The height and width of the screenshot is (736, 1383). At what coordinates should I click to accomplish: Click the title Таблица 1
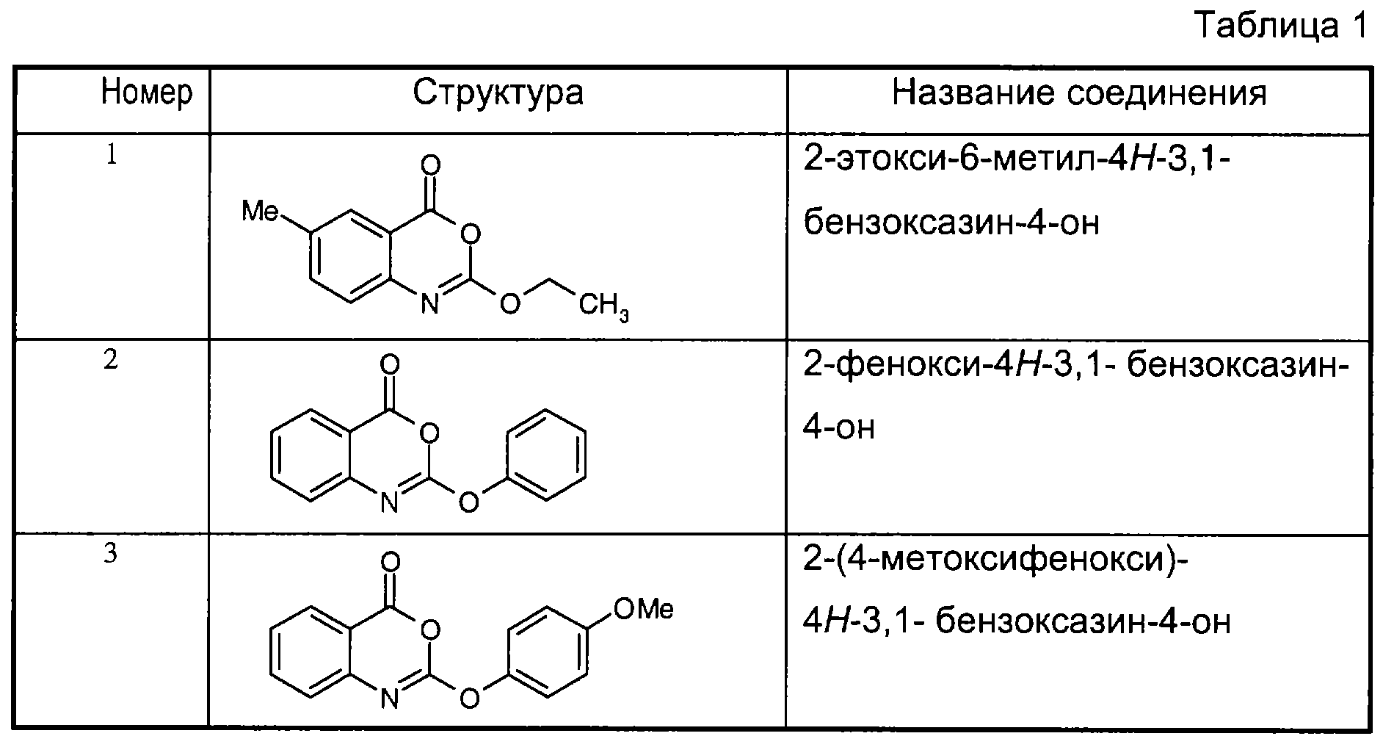point(1282,27)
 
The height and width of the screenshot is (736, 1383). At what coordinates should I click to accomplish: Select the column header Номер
point(147,93)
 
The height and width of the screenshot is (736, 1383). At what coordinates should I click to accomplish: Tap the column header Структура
point(498,93)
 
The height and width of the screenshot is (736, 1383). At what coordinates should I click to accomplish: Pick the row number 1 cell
point(111,156)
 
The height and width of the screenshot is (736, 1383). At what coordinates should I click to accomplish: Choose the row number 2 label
point(111,361)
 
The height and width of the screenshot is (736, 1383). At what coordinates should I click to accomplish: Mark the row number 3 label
point(111,555)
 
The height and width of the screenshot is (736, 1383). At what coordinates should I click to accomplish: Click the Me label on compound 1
point(261,212)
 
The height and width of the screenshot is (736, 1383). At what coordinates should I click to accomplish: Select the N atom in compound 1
point(430,303)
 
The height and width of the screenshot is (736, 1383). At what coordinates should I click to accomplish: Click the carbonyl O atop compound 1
point(432,165)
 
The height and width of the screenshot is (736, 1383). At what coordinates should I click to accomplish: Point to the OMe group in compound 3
point(643,609)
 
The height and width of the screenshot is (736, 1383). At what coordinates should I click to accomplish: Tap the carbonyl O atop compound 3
point(391,563)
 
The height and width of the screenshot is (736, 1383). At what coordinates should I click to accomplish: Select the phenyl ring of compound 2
point(546,455)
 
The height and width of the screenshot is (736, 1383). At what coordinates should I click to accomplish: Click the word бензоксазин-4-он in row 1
point(951,222)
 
